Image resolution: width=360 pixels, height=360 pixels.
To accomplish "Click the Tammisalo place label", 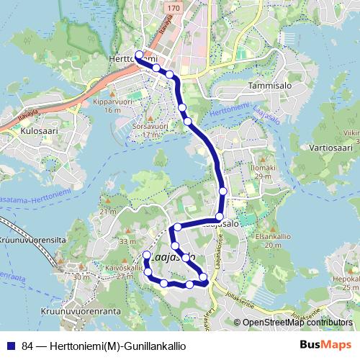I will (x=267, y=84).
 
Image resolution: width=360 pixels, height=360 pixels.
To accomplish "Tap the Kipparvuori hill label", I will (x=112, y=102).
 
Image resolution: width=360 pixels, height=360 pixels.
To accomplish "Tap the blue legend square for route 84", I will (x=9, y=346).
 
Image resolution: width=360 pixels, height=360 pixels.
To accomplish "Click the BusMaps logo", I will (x=326, y=345).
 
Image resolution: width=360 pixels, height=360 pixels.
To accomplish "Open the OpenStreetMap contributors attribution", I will (x=297, y=323).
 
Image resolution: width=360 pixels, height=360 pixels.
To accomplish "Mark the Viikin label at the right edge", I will (x=351, y=132).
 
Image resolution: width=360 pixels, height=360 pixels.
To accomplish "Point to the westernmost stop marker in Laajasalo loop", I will (x=147, y=256).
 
